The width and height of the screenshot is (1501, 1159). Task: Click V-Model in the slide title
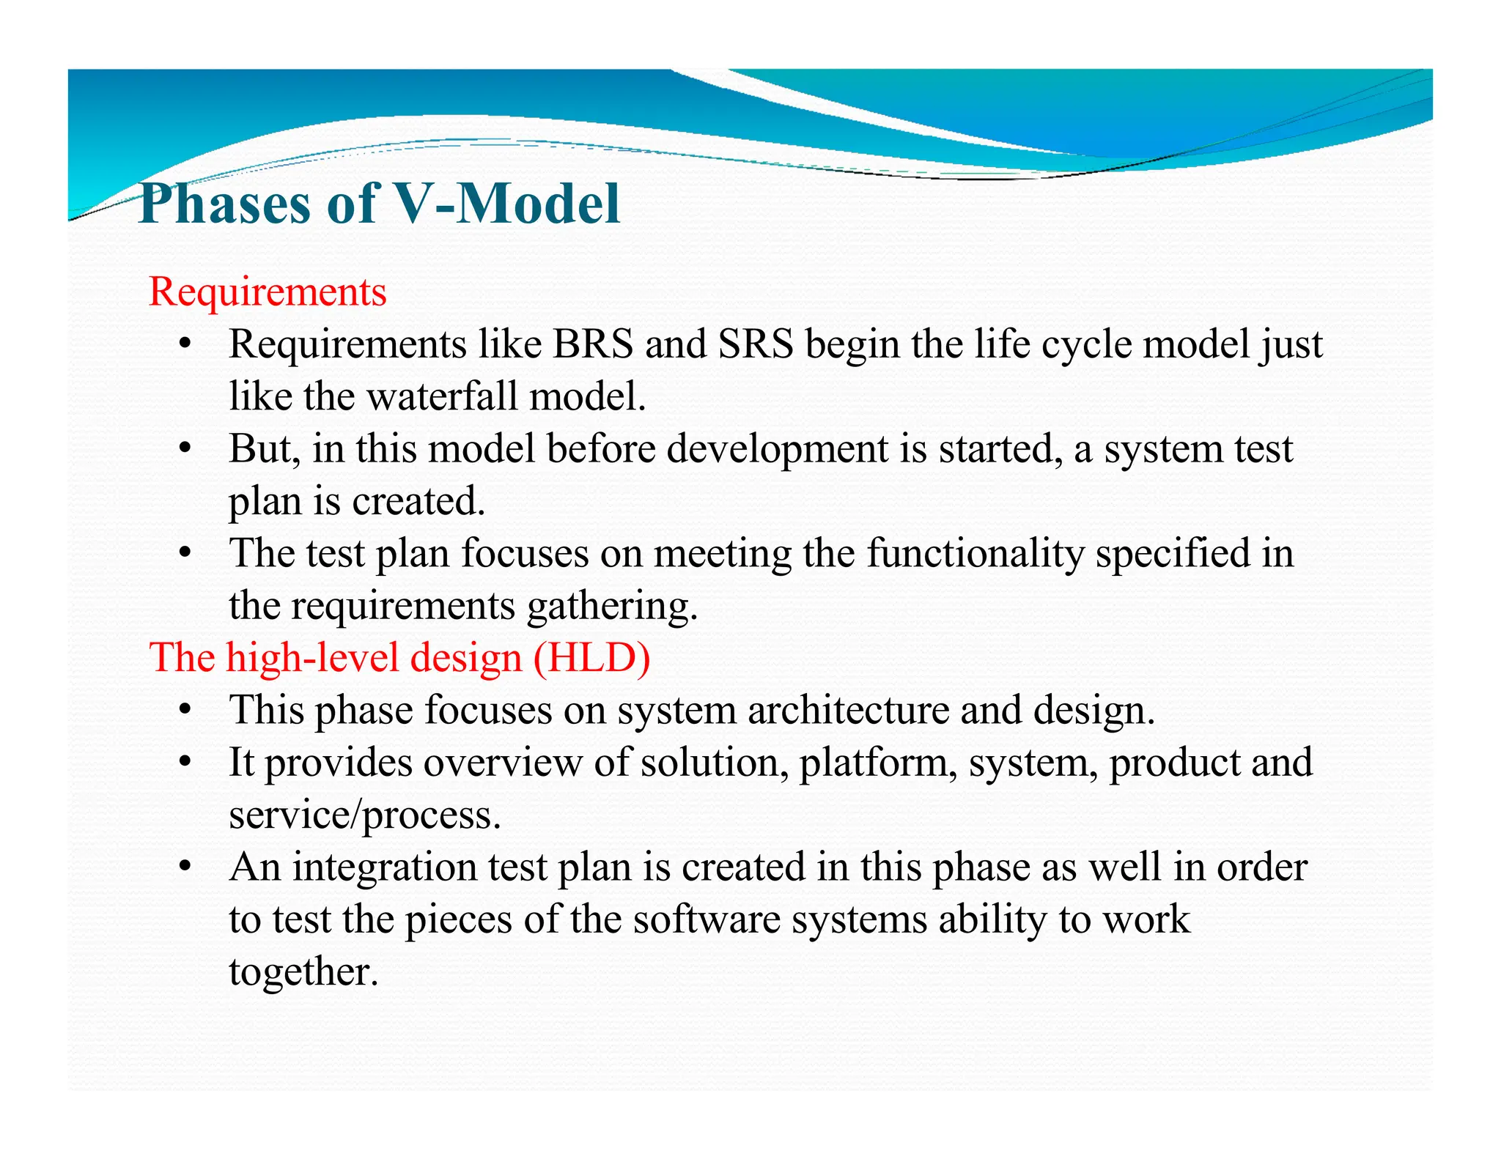tap(506, 204)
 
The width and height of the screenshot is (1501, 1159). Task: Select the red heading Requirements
tap(268, 292)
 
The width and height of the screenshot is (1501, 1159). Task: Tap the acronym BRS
tap(592, 344)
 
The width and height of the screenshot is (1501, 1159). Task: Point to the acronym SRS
tap(756, 344)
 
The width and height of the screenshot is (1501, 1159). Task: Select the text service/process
tap(365, 815)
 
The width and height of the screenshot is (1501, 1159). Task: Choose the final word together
tap(303, 972)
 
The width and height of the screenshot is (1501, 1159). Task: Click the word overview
tap(502, 763)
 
